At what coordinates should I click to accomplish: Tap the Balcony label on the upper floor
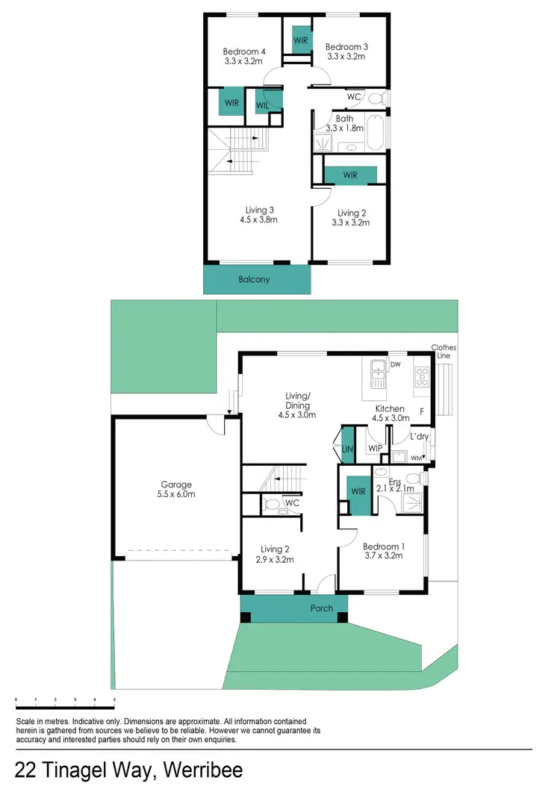pos(254,280)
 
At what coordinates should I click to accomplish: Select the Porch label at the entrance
pos(322,608)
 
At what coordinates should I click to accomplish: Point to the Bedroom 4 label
pos(244,56)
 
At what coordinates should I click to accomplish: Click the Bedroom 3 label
pos(346,52)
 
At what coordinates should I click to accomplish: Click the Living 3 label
pos(261,215)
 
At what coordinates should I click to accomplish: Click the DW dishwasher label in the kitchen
pos(396,364)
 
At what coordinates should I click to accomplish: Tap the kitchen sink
pos(379,366)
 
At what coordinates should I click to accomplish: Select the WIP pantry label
pos(376,449)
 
